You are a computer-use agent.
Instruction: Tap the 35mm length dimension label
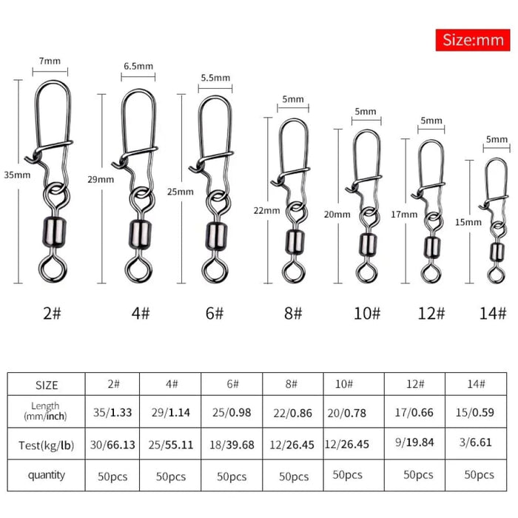click(x=16, y=175)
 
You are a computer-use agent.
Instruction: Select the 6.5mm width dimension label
click(x=138, y=66)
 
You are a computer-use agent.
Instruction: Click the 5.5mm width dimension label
click(x=215, y=78)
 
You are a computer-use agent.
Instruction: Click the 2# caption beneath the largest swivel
click(x=53, y=313)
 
